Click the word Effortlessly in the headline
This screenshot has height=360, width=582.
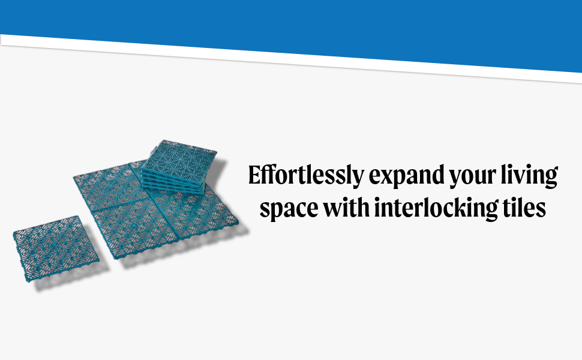(306, 175)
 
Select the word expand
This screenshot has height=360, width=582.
(406, 176)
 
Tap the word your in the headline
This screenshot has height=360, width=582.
(473, 177)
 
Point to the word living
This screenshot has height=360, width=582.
(530, 175)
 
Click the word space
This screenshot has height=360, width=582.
(289, 209)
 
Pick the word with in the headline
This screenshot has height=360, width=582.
(346, 207)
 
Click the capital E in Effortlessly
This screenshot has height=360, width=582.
(256, 175)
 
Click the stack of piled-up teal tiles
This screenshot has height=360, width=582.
(178, 167)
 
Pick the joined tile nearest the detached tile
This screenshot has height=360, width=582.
(134, 230)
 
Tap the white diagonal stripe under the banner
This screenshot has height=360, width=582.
(291, 59)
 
